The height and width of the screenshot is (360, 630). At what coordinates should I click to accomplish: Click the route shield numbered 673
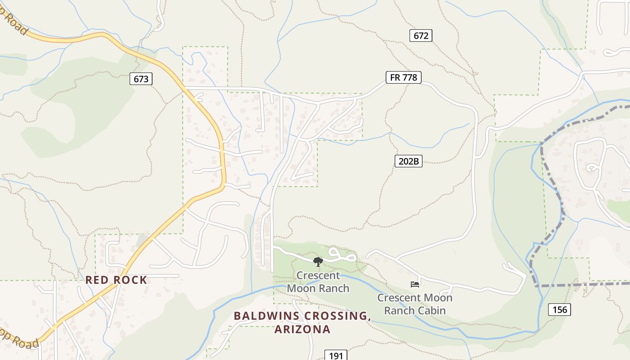coord(141,79)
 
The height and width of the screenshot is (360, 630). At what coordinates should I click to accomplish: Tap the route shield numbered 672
coord(421,36)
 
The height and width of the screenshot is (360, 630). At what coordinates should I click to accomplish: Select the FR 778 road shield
coord(404,77)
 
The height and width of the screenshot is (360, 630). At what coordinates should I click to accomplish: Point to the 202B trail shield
coord(409,161)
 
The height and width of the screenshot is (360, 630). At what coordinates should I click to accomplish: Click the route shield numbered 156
coord(559,309)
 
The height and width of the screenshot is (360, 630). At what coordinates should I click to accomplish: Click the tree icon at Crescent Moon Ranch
coord(318,261)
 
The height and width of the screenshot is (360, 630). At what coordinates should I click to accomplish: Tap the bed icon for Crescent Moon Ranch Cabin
coord(415,284)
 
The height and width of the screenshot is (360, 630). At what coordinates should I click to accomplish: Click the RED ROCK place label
coord(116,280)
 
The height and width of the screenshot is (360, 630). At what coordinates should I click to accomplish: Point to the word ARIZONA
coord(302,329)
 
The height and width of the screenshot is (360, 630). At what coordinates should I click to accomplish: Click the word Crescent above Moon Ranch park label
coord(318,275)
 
